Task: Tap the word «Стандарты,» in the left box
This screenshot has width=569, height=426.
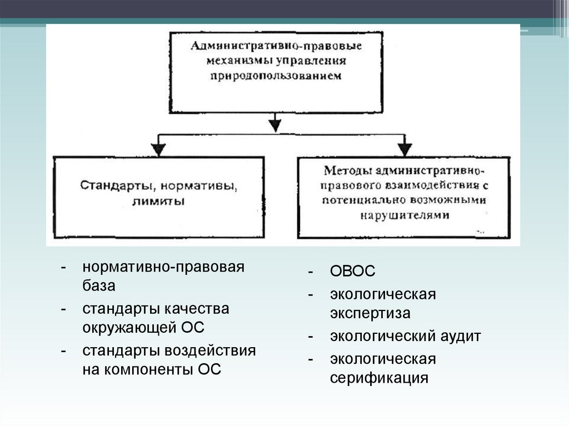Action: pos(113,184)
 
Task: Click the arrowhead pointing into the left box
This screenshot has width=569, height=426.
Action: pos(159,148)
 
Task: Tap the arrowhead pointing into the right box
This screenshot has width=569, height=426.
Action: pos(405,148)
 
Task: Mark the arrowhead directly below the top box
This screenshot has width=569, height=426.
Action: pos(273,123)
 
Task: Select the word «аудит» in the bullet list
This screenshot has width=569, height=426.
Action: pos(460,336)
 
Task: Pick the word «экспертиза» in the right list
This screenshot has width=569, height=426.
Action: pos(370,313)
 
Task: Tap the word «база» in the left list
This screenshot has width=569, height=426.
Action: pos(99,285)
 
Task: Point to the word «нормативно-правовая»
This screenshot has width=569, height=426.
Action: pos(163,267)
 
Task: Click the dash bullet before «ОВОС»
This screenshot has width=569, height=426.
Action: pos(312,272)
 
